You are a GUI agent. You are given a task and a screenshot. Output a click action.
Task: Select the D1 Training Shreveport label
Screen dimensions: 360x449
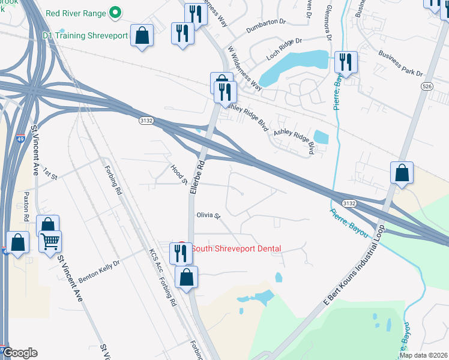(85, 36)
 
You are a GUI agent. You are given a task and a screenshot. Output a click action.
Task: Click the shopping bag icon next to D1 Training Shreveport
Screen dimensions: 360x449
(142, 35)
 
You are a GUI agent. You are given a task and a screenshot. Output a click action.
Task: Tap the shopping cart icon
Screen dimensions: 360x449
(50, 241)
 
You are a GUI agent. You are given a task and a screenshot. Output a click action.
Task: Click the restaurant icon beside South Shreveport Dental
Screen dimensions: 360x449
(180, 253)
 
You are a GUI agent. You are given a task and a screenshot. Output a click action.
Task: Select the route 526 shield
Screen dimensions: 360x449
(427, 86)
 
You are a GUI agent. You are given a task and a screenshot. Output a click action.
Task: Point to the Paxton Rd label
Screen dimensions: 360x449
(26, 204)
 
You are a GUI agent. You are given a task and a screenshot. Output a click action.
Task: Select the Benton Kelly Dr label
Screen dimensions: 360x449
(99, 266)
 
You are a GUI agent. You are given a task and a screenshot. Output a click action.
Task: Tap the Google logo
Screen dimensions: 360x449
(20, 353)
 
